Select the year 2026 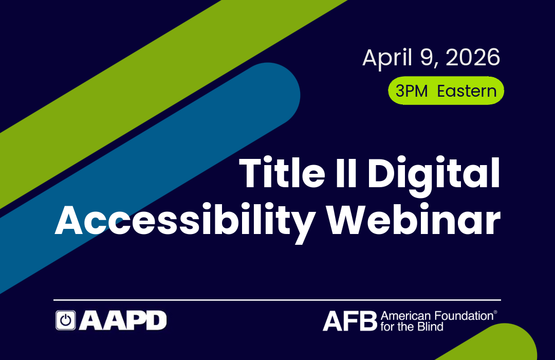473,58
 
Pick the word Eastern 467,91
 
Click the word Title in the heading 287,174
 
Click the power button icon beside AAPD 65,320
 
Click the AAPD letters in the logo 122,320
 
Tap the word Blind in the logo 432,326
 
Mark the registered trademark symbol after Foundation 495,312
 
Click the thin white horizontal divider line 277,299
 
